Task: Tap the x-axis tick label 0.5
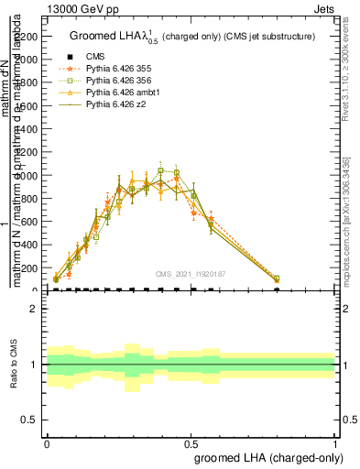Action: pyautogui.click(x=191, y=442)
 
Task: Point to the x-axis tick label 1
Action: pyautogui.click(x=334, y=442)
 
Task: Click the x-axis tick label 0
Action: pyautogui.click(x=47, y=442)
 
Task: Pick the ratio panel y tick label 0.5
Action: pyautogui.click(x=30, y=420)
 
